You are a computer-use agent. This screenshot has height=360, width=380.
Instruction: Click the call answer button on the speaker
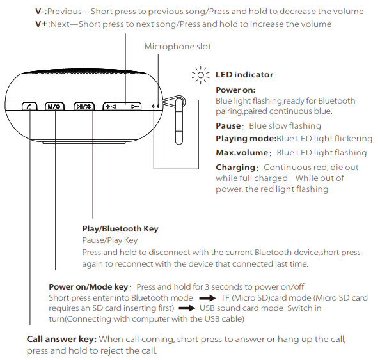click(29, 107)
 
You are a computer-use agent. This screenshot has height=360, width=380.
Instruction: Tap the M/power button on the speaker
click(56, 107)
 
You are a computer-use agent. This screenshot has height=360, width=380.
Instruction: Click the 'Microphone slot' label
click(177, 47)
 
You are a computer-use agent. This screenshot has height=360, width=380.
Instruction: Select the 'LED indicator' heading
click(244, 75)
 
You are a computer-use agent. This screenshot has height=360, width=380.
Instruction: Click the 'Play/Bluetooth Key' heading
click(120, 228)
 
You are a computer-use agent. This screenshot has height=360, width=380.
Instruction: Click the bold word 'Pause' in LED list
click(228, 126)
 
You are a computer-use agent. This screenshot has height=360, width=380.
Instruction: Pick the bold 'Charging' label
click(235, 167)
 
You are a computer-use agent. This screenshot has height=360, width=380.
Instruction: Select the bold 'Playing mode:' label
click(246, 139)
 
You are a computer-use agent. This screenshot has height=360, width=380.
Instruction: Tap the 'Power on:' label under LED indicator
click(236, 90)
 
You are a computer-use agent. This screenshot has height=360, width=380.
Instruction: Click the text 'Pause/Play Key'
click(110, 240)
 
